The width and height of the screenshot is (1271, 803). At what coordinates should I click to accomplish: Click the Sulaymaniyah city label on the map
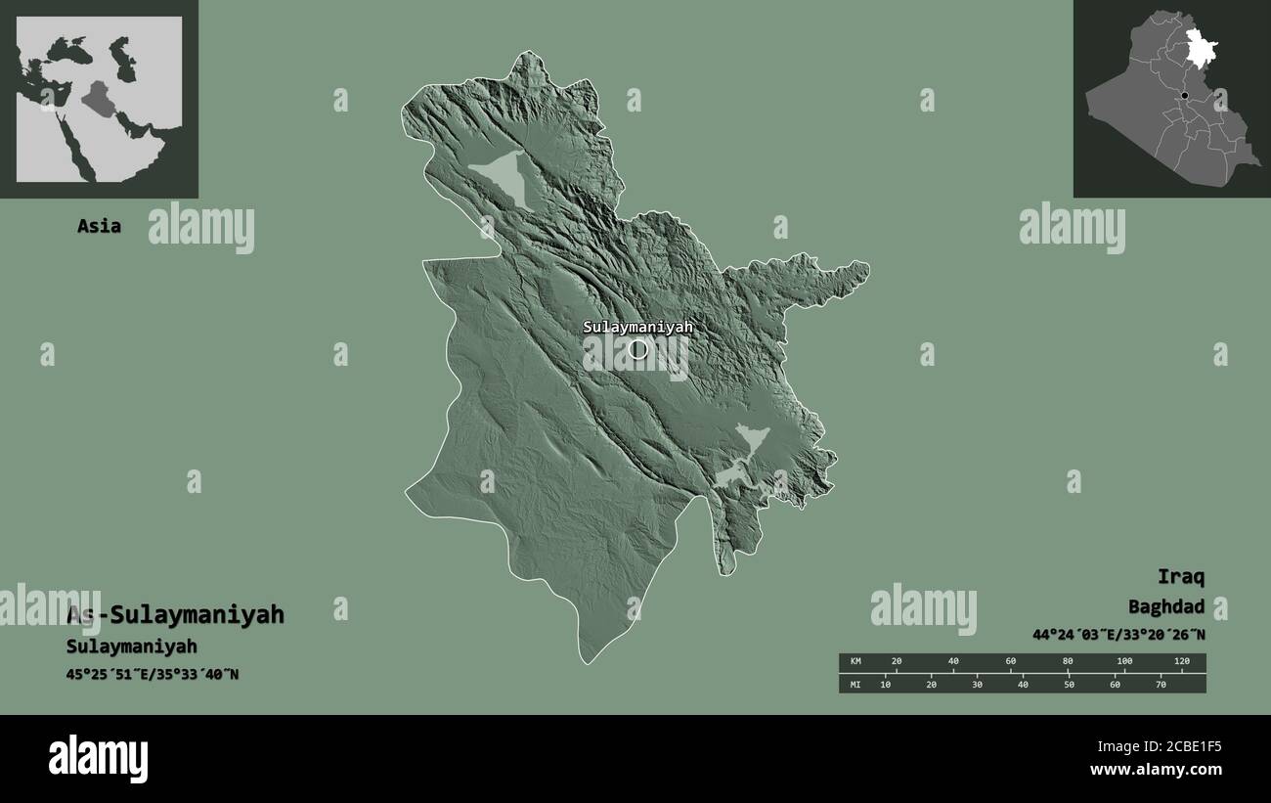pos(637,328)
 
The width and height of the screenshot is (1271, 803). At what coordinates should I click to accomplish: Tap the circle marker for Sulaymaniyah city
pos(638,349)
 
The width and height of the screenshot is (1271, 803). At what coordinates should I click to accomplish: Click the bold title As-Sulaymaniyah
pos(175,614)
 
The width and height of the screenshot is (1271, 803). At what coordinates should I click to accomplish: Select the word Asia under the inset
pos(100,226)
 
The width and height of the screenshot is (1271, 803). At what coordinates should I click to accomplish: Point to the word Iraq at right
pos(1181,576)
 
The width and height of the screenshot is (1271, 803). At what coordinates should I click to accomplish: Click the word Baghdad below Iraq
pos(1166,606)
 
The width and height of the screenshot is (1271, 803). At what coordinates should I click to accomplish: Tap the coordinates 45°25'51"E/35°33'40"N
pos(153,674)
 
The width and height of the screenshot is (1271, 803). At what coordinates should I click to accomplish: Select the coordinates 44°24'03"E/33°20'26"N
pos(1118,635)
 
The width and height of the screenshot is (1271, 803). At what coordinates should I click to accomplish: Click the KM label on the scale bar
pos(855,662)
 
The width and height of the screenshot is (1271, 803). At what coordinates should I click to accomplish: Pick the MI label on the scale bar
pos(855,684)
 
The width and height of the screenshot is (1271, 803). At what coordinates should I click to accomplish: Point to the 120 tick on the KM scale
pos(1181,662)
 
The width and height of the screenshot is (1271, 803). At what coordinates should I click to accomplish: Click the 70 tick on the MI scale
pos(1161,684)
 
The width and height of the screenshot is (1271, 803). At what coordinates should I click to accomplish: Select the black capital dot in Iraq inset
pos(1184,96)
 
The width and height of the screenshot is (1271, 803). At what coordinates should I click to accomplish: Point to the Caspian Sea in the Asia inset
pos(123,59)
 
